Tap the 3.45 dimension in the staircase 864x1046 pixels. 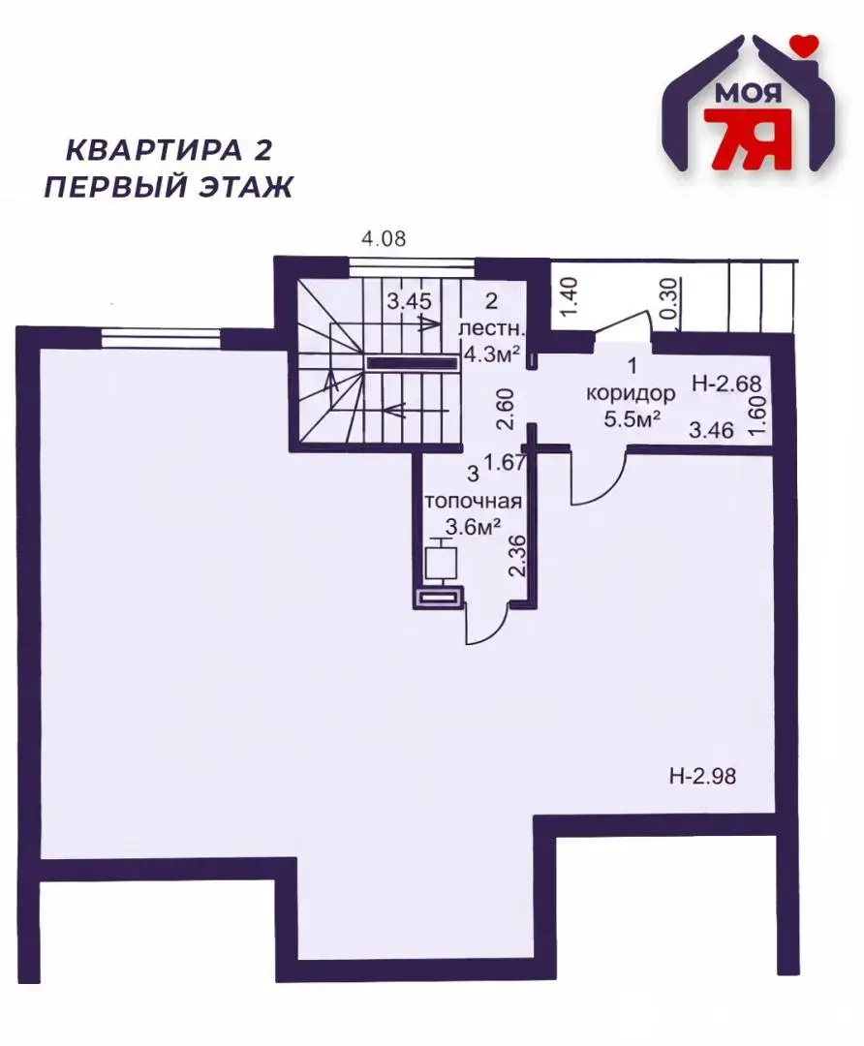(409, 301)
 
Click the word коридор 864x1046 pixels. (630, 394)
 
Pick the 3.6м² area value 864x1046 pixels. (472, 527)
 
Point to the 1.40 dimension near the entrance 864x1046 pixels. (569, 292)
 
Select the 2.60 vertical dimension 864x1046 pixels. (504, 409)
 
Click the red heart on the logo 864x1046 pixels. (803, 44)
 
